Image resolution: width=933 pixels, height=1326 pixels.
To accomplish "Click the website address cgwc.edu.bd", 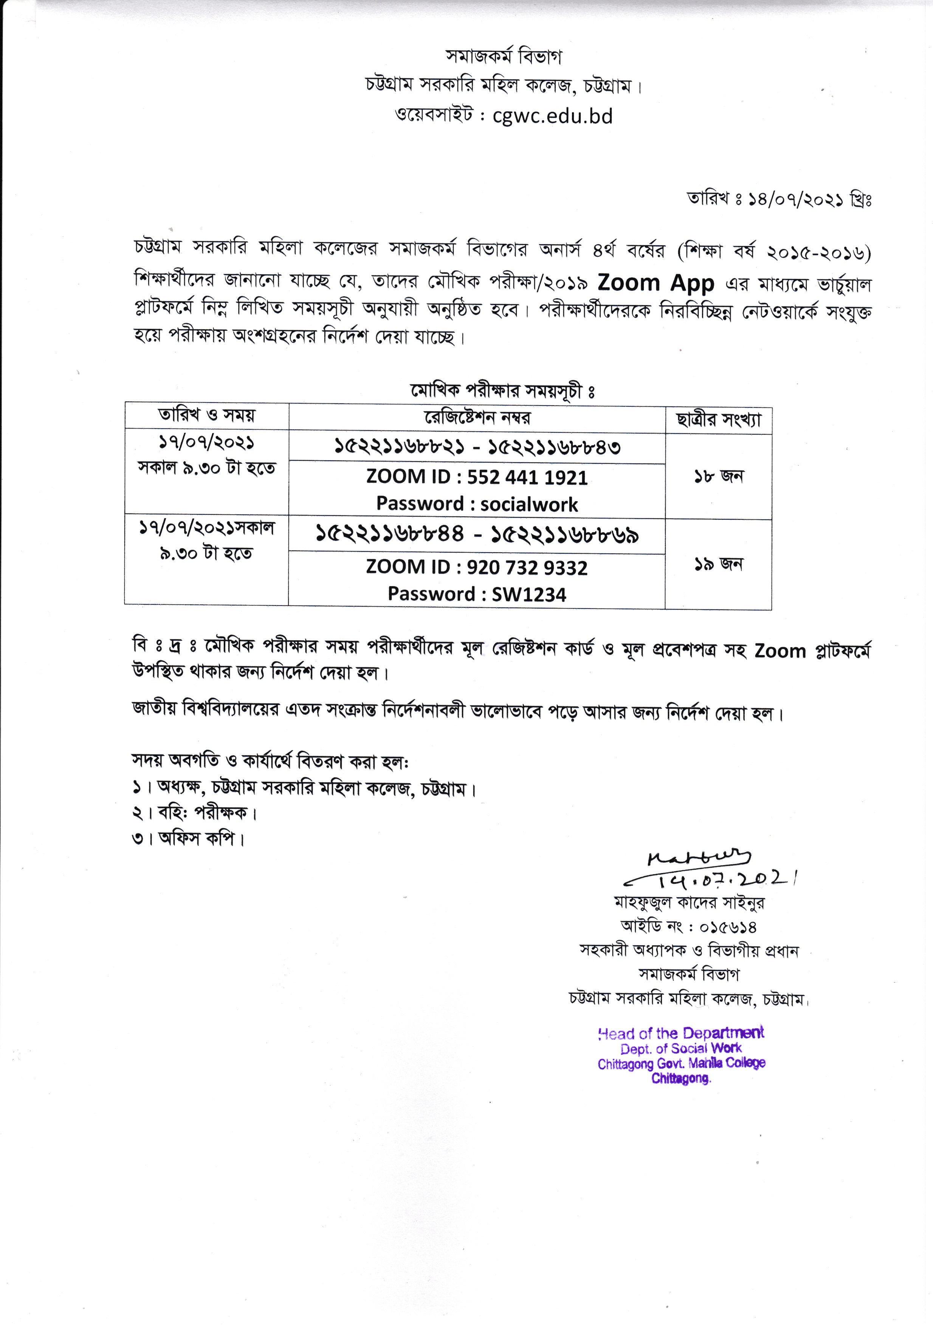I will [x=552, y=116].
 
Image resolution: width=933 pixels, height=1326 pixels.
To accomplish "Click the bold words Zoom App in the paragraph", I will [x=656, y=283].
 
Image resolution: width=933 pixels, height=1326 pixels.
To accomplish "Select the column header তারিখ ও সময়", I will [x=207, y=415].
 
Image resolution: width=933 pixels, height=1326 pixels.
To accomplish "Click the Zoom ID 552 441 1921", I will [x=527, y=477].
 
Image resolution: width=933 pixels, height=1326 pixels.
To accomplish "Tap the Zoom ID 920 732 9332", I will [x=527, y=568].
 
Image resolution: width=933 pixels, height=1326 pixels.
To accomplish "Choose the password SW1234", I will [x=528, y=594].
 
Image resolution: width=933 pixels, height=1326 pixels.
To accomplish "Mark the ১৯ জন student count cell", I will [x=719, y=564].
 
